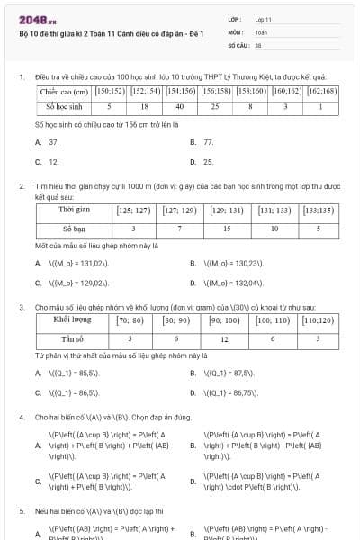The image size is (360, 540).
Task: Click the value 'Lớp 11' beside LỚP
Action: pos(264,18)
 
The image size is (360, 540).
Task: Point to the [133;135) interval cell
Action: pos(319,211)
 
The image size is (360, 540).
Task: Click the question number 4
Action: pos(21,418)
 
